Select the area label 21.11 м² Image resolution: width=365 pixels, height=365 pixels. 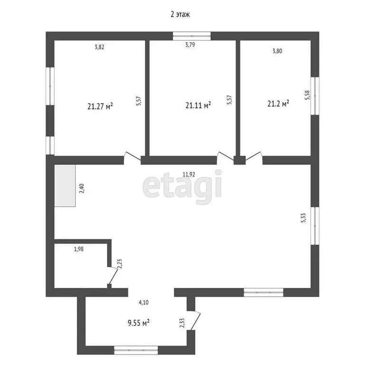tap(198, 105)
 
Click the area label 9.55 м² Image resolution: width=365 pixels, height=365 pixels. tap(139, 322)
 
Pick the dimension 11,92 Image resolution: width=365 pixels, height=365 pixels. tap(189, 174)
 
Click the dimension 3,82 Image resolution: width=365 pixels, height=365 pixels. tap(99, 47)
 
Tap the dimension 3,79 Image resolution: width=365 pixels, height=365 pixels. tap(191, 46)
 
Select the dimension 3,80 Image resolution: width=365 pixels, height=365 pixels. tap(277, 51)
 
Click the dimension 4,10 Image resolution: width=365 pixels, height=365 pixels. tap(144, 302)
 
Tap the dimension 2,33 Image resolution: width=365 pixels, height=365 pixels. tap(182, 323)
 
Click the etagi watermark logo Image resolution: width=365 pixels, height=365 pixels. tap(182, 186)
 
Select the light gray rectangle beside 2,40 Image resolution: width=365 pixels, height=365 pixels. tap(65, 186)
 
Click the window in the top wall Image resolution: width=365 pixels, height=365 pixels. tap(192, 35)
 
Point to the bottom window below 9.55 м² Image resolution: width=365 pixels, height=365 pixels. tap(136, 351)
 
